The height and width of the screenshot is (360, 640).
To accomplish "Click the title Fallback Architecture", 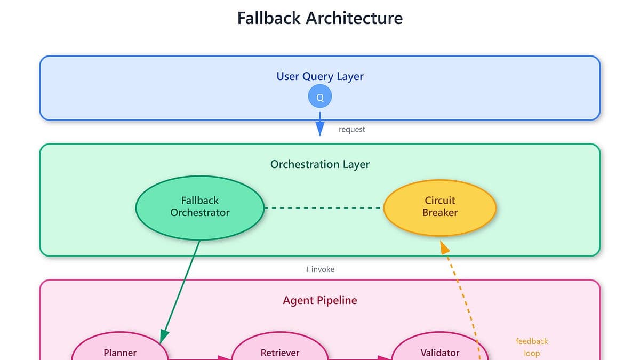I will point(320,18).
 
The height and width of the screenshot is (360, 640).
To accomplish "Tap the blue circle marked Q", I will point(320,97).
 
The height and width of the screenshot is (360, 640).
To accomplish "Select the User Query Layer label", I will point(320,76).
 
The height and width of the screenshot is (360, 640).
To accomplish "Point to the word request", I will point(352,129).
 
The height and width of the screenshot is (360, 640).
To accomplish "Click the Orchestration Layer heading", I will point(320,164).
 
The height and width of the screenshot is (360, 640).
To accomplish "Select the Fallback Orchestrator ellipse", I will point(200,207).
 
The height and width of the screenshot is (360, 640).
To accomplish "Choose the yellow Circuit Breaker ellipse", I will point(440,207).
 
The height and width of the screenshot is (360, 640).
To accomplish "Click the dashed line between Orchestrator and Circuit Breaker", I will point(324,207).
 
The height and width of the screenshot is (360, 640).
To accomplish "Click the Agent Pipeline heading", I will point(320,300).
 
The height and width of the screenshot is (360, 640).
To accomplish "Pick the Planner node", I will point(120,349).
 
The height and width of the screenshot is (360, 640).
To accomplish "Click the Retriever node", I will point(280,349).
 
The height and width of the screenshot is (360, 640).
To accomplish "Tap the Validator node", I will point(440,349).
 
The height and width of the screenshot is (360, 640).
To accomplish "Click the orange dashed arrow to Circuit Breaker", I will point(461,299).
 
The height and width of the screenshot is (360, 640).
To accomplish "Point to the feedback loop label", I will point(532,347).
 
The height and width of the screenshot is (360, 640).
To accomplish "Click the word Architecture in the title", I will point(354,18).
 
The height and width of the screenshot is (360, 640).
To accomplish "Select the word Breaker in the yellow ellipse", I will point(440,213).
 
